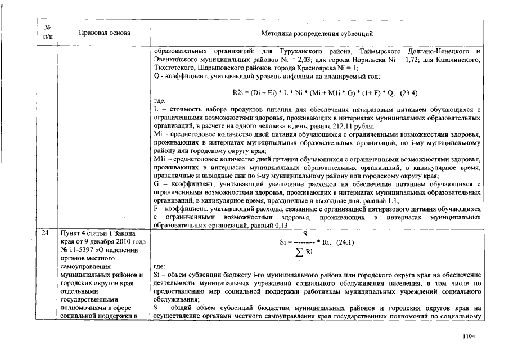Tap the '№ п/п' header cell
pyautogui.click(x=48, y=33)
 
